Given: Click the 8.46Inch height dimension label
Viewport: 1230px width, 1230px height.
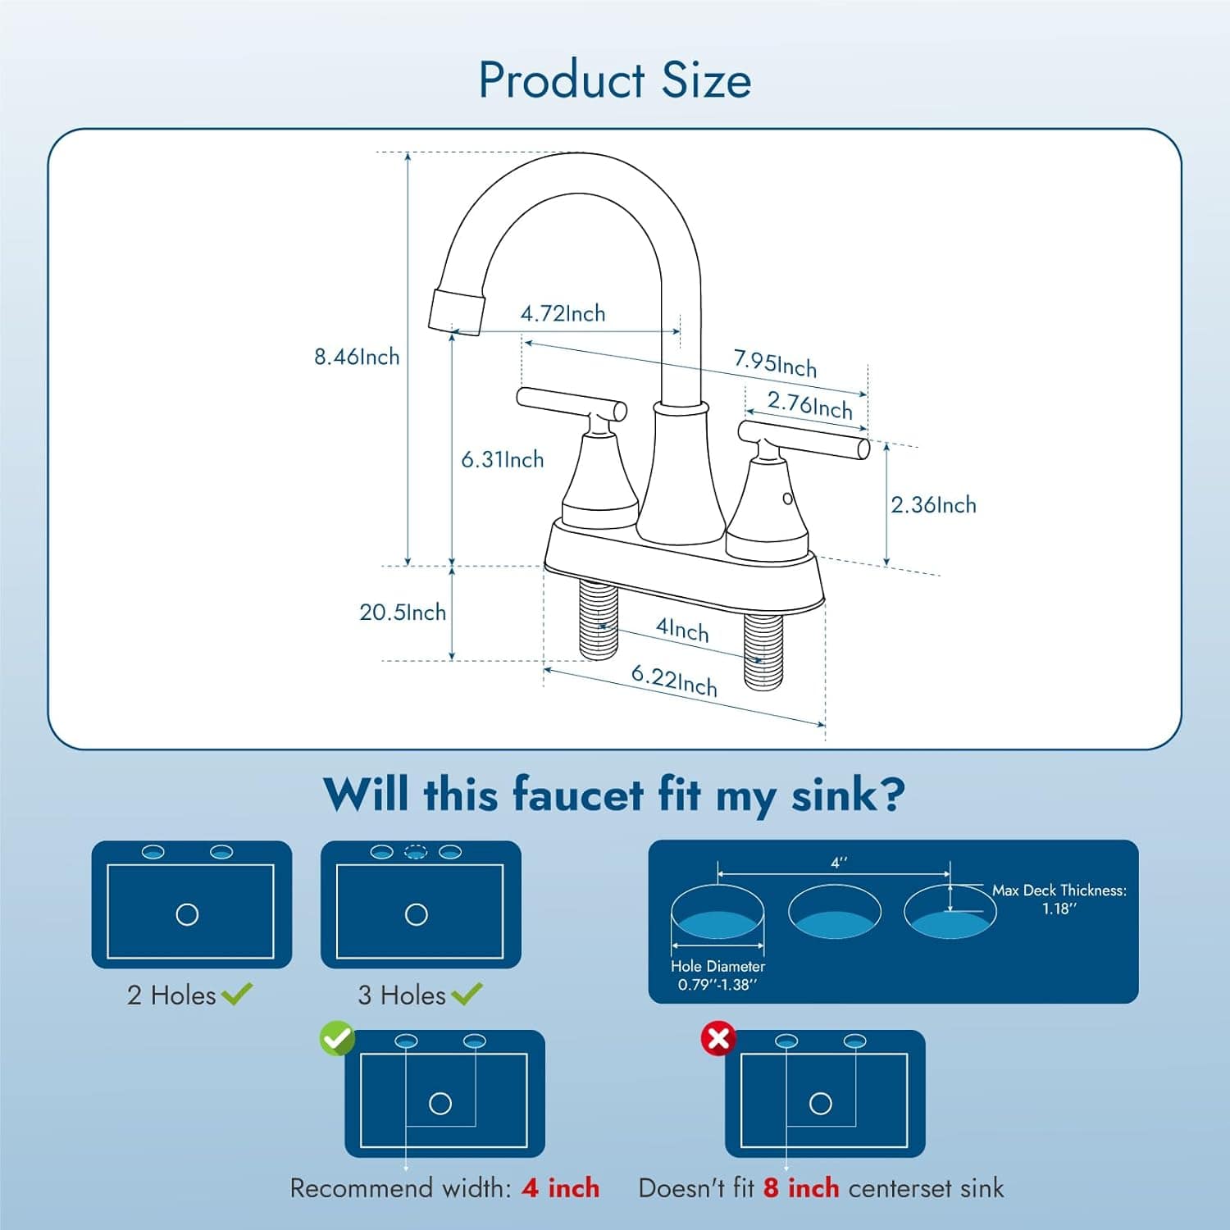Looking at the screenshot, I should tap(357, 357).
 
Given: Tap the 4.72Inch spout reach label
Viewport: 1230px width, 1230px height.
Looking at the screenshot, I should tap(563, 313).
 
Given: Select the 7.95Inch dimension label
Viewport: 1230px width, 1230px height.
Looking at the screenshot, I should tap(775, 362).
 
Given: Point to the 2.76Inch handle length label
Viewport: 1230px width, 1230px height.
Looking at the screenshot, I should tap(809, 405).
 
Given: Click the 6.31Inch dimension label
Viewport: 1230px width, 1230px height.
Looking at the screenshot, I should tap(502, 459).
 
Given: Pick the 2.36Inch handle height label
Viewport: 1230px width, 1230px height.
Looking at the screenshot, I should tap(933, 504).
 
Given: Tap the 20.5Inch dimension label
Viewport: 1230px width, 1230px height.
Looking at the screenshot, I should tap(403, 612).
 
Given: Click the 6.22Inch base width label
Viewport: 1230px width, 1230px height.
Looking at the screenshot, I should tap(674, 680).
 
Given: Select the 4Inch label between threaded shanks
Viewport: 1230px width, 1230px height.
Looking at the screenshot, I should tap(682, 629).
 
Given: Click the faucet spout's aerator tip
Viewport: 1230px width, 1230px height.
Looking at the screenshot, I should tap(457, 309).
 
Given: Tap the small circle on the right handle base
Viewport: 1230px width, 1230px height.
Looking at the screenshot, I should tap(787, 498).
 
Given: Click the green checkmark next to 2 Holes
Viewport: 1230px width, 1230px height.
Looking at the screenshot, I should tap(237, 994).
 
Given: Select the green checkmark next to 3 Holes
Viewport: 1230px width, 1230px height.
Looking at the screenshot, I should tap(467, 994).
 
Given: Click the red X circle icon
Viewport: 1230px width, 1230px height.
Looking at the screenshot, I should tap(718, 1039).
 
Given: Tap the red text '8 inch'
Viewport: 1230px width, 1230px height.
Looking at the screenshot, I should tap(801, 1187).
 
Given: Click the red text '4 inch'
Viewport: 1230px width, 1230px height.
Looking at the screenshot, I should tap(561, 1187).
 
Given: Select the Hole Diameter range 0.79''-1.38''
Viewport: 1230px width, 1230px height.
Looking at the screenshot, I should tap(717, 985).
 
